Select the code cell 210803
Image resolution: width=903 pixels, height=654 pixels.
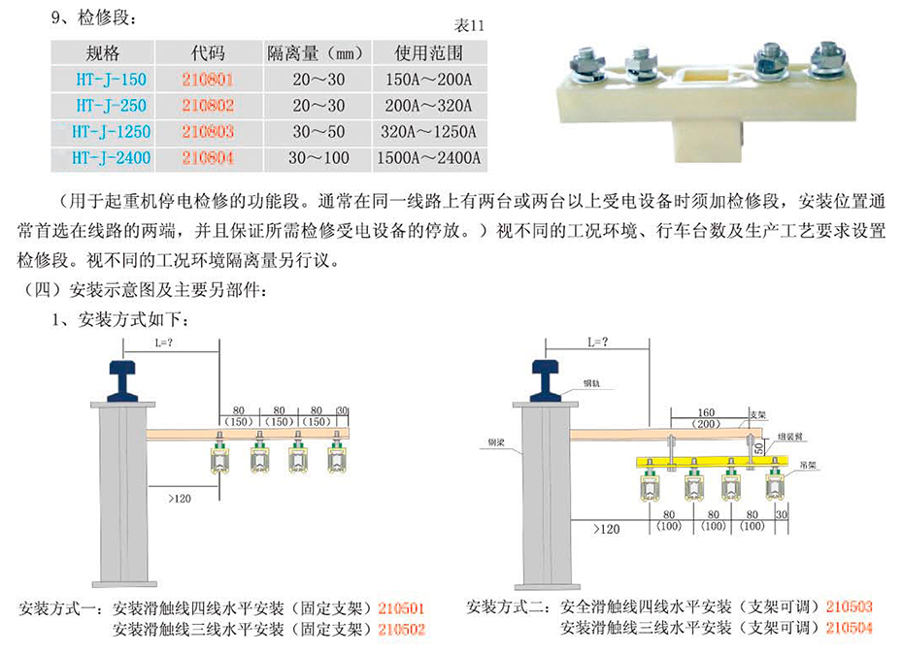tap(208, 131)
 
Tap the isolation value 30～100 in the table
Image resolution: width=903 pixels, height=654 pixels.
tap(317, 157)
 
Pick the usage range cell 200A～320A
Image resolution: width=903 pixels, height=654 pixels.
tap(427, 105)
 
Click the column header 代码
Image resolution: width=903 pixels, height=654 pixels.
tap(208, 52)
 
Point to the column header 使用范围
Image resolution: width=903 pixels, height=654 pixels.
tap(427, 52)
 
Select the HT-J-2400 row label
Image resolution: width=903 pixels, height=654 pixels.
tap(101, 157)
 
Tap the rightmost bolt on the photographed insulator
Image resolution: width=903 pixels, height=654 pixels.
tap(825, 59)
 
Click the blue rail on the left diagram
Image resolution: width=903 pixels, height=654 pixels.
tap(123, 377)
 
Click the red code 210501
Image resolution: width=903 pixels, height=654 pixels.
tap(400, 609)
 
